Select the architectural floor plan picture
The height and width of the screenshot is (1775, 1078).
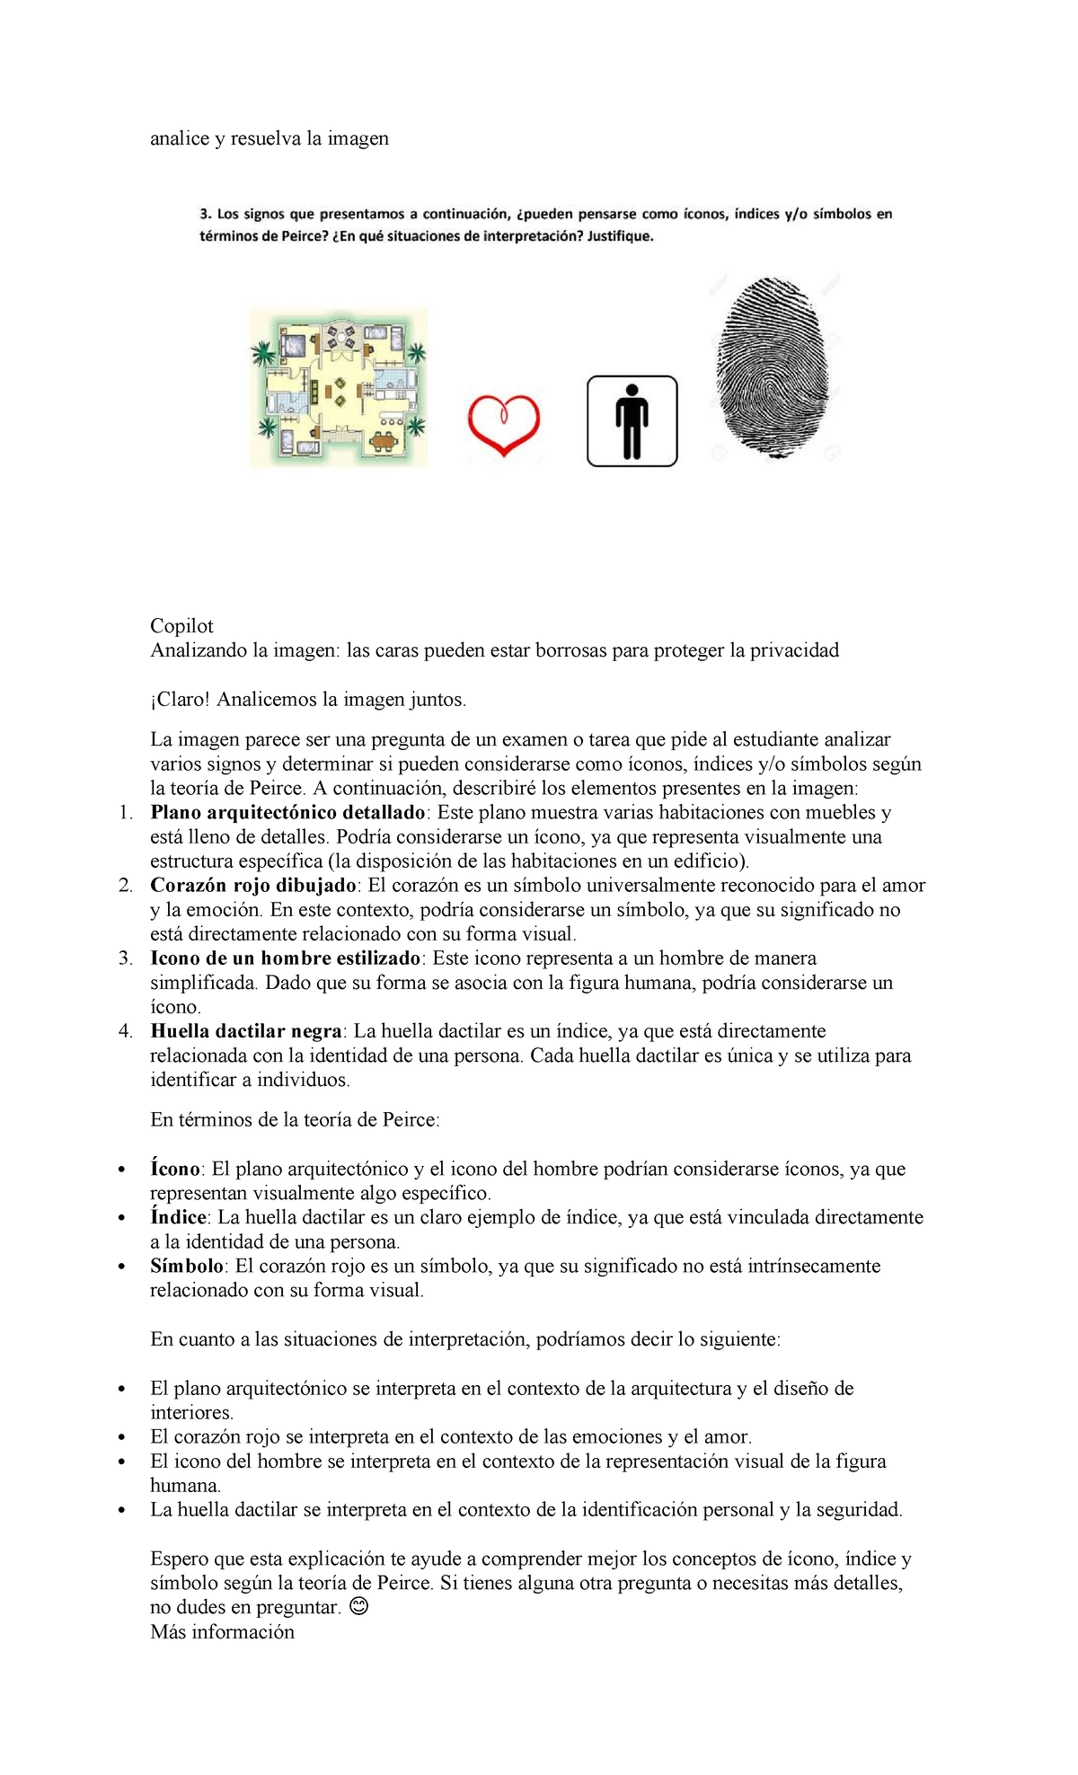pyautogui.click(x=339, y=388)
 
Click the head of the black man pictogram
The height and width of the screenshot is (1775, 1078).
pyautogui.click(x=632, y=392)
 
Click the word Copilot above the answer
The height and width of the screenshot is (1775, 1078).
pyautogui.click(x=181, y=626)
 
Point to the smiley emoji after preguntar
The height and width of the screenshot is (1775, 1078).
pyautogui.click(x=358, y=1606)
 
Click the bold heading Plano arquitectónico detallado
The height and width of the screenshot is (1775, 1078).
pyautogui.click(x=287, y=812)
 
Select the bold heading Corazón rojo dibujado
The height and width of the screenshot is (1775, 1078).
pyautogui.click(x=253, y=885)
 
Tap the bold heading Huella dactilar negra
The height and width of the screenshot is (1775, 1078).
pyautogui.click(x=246, y=1030)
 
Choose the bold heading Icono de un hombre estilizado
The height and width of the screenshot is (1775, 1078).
pyautogui.click(x=286, y=958)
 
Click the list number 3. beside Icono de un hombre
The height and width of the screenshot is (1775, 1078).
pyautogui.click(x=126, y=958)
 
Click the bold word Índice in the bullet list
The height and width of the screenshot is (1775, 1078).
pyautogui.click(x=178, y=1217)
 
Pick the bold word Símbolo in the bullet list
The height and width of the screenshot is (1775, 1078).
pyautogui.click(x=187, y=1266)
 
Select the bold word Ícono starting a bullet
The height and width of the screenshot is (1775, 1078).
pyautogui.click(x=175, y=1169)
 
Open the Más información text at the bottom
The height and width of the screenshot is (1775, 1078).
pyautogui.click(x=222, y=1631)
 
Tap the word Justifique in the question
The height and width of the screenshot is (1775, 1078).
pyautogui.click(x=620, y=237)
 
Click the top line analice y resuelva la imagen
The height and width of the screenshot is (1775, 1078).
pyautogui.click(x=269, y=138)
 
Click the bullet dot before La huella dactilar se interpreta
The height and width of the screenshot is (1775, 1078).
pyautogui.click(x=121, y=1510)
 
